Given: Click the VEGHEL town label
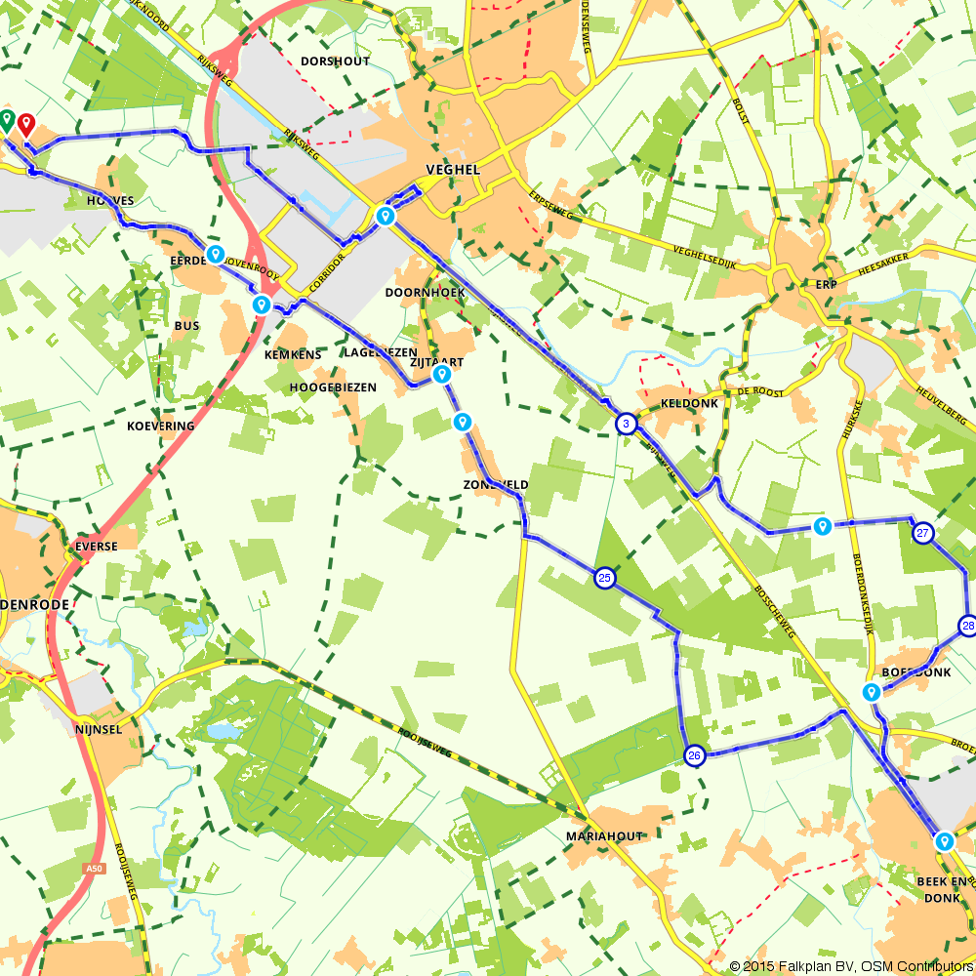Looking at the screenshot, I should click(x=454, y=169).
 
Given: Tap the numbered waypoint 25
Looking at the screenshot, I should click(x=605, y=579).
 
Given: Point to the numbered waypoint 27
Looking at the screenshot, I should click(x=923, y=533).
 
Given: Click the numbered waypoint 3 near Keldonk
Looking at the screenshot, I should click(x=626, y=424).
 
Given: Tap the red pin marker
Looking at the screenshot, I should click(x=26, y=124).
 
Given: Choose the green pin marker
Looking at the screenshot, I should click(x=7, y=121).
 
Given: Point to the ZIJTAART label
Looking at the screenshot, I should click(x=435, y=361).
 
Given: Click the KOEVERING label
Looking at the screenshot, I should click(x=161, y=426).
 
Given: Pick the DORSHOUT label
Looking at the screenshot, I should click(x=335, y=61).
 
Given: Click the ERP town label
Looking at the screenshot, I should click(x=827, y=284).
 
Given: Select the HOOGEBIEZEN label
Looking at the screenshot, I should click(x=333, y=387).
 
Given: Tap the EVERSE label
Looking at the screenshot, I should click(x=95, y=547).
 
